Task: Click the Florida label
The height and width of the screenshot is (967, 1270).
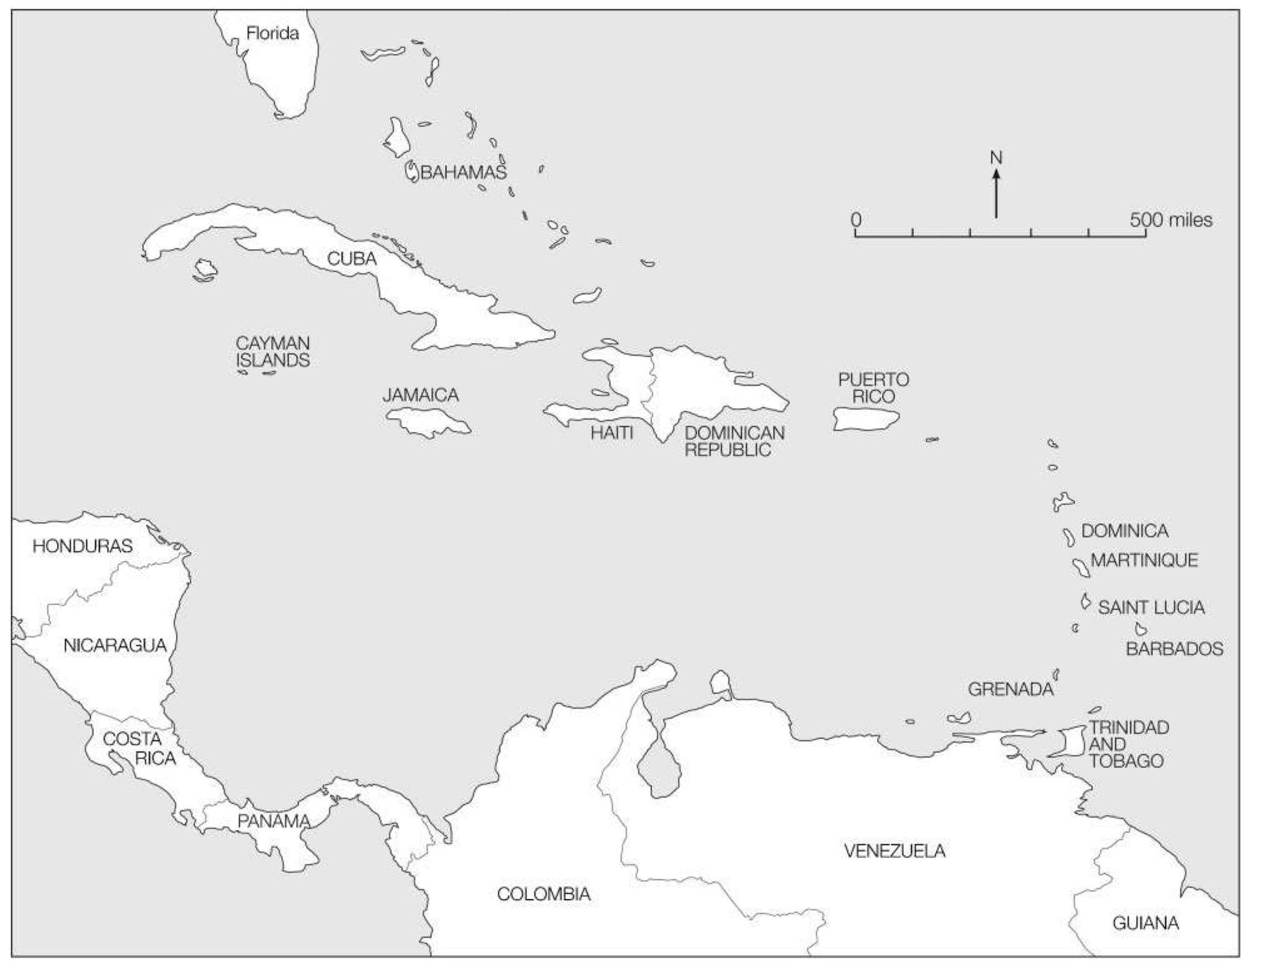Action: pos(272,33)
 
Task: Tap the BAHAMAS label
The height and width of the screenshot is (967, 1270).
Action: pos(463,172)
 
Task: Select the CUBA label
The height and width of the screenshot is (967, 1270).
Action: pos(352,258)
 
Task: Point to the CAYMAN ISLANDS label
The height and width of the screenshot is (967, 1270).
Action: pos(273,352)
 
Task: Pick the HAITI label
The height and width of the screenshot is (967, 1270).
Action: pos(612,432)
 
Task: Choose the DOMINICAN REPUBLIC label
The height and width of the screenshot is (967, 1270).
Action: pos(734,441)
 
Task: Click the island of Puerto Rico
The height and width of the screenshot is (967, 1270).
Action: pos(866,419)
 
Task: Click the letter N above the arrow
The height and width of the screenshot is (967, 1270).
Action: pos(996,158)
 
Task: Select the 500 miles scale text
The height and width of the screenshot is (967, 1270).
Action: pos(1170,220)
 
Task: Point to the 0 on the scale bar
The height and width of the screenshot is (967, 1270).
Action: pos(856,220)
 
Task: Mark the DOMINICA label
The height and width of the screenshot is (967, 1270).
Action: pos(1124,531)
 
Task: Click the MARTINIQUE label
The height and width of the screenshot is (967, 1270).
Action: pos(1144,560)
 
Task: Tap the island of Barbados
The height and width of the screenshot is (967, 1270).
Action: pos(1140,629)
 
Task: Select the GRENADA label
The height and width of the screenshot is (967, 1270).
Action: pos(1010,689)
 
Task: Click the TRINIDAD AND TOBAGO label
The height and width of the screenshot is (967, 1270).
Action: pos(1128,744)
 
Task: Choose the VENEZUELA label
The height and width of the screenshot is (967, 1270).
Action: pos(894,851)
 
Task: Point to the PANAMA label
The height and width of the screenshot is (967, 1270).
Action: pos(274,821)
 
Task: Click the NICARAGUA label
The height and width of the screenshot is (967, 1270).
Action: pos(115,645)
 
